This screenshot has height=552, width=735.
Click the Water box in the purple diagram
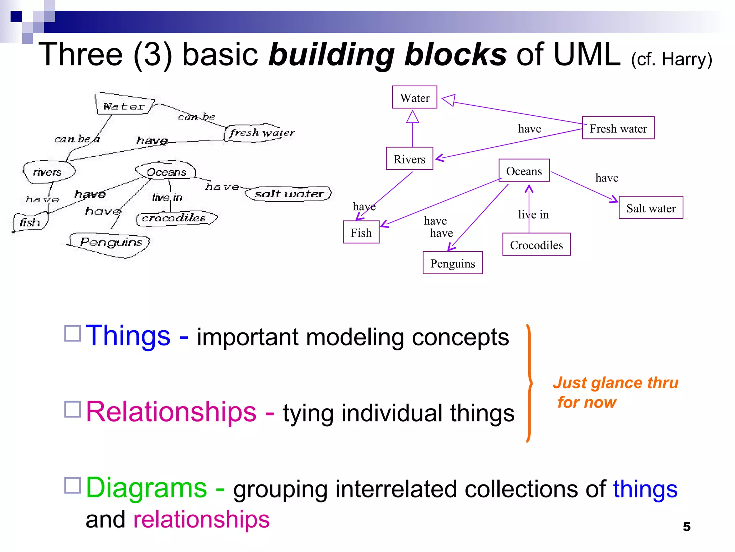point(415,97)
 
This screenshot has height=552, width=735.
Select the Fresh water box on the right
point(618,128)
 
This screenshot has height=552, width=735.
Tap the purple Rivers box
point(409,158)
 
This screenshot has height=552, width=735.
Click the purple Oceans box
point(524,171)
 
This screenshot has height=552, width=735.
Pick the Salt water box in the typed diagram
point(651,208)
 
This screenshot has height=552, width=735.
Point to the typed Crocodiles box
point(536,245)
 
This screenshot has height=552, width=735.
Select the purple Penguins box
point(453,263)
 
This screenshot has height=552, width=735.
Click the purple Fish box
point(361,233)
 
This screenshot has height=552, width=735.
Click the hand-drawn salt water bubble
point(289,194)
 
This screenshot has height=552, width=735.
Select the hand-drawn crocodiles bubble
point(175,218)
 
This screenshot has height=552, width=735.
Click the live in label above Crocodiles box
point(533,215)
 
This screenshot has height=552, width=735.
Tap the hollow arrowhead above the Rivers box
point(412,117)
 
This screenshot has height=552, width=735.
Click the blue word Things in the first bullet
point(128,336)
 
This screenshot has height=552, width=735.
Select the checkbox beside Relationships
point(72,409)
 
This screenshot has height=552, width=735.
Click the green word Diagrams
point(146,488)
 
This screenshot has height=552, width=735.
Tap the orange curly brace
point(529,383)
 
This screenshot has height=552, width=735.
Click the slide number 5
point(687,526)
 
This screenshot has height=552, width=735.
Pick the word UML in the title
point(587,55)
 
